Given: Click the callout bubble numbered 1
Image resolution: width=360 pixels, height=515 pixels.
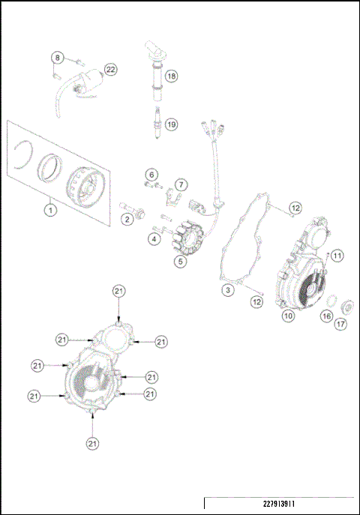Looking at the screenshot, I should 49,210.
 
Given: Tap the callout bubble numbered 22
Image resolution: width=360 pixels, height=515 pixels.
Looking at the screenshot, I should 110,70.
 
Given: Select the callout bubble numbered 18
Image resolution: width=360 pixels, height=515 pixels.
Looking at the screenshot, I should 172,76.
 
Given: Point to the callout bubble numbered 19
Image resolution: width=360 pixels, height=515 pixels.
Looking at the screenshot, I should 172,124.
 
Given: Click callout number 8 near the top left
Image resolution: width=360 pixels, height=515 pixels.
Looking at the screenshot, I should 58,58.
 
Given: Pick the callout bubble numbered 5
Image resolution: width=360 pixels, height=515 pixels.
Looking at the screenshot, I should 180,262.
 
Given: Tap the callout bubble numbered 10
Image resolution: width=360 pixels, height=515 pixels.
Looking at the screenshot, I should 286,316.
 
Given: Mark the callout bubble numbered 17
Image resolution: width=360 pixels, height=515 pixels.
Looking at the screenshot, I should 340,325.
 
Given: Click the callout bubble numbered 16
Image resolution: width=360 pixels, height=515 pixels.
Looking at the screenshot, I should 326,316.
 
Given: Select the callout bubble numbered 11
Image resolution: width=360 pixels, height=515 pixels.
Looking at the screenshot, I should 337,256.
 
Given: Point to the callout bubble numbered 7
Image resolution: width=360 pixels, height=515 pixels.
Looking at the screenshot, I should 181,184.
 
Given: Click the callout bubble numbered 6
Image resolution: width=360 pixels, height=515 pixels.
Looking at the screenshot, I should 151,175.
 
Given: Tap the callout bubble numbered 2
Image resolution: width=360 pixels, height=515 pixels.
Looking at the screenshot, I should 128,219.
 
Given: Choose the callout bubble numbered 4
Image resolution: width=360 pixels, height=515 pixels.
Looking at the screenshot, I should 153,239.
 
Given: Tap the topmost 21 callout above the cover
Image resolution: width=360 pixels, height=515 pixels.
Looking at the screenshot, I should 118,290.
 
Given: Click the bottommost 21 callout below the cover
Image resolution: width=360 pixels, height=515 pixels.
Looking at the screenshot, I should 92,444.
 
